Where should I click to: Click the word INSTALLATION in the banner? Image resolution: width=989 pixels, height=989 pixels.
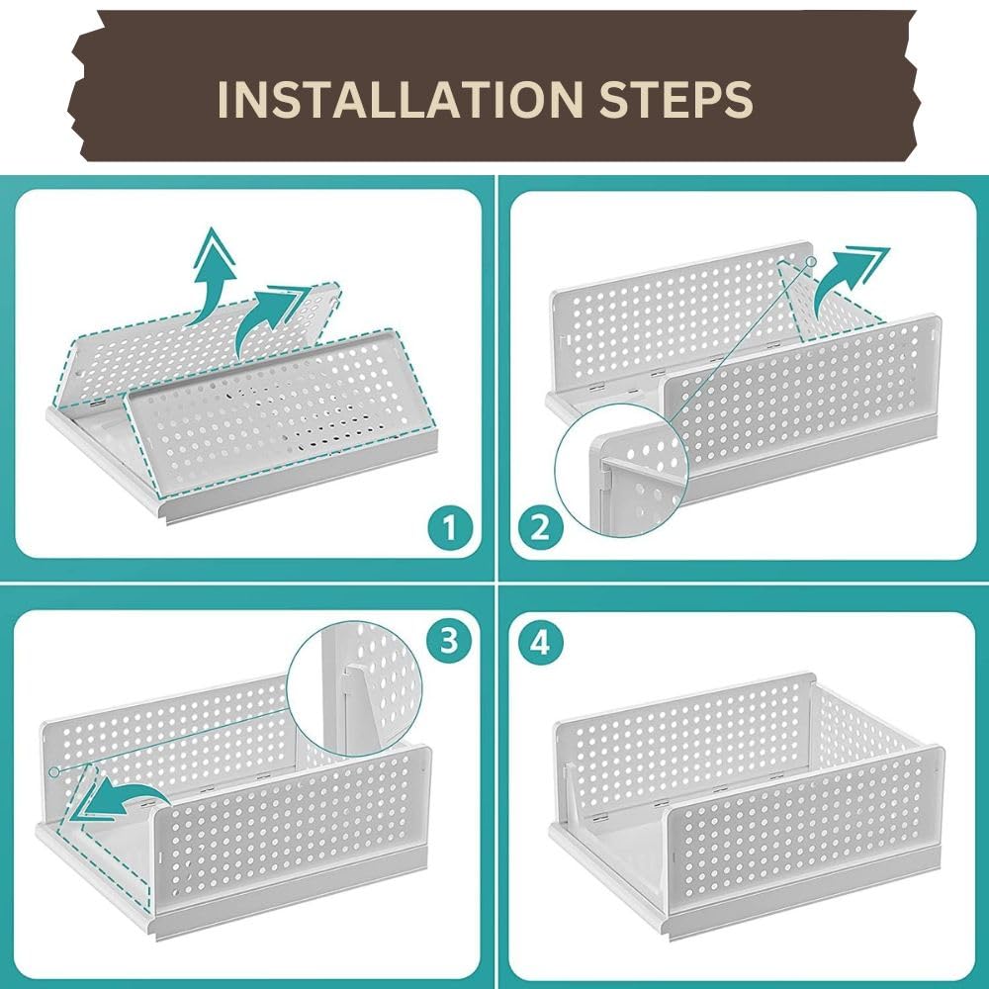[400, 99]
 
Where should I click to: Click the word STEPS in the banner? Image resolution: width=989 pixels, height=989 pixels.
[675, 99]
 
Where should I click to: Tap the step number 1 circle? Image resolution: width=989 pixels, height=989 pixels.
[450, 527]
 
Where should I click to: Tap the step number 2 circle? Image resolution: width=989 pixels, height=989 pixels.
[541, 527]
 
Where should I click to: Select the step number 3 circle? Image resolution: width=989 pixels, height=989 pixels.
[448, 641]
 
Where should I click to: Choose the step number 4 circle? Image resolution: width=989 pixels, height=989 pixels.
[541, 644]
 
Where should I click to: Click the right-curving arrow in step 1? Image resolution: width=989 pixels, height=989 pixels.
[271, 321]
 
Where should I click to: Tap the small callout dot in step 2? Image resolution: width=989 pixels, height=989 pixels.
[811, 260]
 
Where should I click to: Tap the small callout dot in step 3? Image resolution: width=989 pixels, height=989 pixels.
[54, 771]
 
